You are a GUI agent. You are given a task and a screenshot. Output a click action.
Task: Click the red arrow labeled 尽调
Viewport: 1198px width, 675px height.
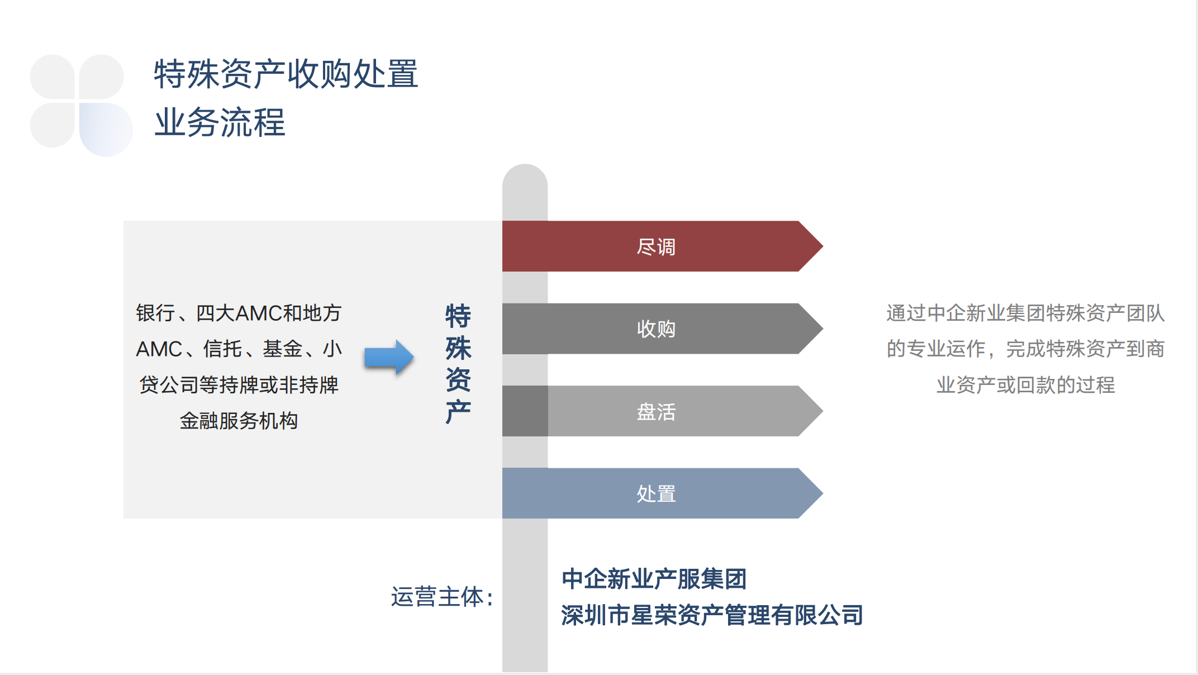(662, 246)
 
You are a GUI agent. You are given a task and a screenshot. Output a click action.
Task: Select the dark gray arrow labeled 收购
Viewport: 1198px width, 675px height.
(662, 329)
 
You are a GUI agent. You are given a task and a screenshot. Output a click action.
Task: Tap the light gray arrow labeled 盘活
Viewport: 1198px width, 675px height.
(662, 411)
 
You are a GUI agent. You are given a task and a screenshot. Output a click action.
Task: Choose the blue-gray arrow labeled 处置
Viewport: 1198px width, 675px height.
(662, 493)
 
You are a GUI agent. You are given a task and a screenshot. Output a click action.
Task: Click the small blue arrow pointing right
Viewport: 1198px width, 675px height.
(389, 357)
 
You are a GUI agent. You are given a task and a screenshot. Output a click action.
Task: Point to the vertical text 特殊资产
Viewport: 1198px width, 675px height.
(458, 364)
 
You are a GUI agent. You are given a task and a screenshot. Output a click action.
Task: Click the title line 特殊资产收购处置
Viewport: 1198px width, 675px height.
(286, 74)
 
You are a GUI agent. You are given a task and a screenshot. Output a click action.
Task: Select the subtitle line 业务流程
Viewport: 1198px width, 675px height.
(220, 122)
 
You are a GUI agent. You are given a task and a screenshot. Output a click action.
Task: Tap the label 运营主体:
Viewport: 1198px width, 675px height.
(442, 597)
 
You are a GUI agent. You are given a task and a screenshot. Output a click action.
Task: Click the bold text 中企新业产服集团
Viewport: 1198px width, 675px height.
(654, 579)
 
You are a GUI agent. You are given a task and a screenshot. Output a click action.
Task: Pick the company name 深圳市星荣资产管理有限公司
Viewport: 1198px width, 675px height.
(712, 615)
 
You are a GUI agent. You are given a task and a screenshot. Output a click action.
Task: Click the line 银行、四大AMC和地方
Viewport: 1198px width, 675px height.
(239, 313)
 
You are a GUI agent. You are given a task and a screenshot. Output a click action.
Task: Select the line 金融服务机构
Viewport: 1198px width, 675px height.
(239, 421)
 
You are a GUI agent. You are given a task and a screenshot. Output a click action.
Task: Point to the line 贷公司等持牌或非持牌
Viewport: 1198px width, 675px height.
(239, 385)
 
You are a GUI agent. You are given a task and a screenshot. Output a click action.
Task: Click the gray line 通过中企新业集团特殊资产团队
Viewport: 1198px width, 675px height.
(1025, 313)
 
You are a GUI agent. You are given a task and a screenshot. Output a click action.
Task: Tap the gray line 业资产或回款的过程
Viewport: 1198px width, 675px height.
(1025, 385)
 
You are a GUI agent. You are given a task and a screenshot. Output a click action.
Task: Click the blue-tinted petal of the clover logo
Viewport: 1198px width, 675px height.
(106, 129)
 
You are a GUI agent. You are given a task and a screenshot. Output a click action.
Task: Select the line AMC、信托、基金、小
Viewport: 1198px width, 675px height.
(239, 349)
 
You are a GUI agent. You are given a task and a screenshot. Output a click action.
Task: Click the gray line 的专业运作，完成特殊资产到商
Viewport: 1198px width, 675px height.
(1025, 349)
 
